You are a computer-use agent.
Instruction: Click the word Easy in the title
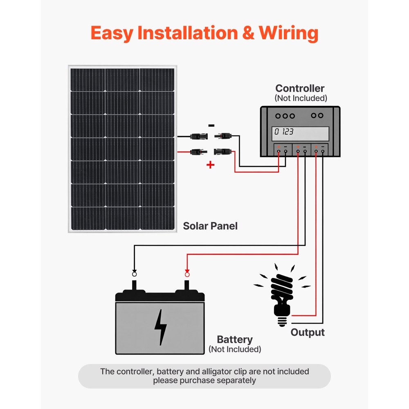tap(112, 33)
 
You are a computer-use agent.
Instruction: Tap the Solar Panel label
tap(210, 226)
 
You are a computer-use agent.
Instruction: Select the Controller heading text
tap(300, 88)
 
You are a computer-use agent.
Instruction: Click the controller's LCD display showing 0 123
tap(301, 132)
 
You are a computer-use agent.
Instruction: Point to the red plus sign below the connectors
tap(210, 165)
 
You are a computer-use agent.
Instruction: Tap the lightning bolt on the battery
tap(160, 327)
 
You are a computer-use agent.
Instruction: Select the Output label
tap(308, 332)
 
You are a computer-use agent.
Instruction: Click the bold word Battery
tap(235, 339)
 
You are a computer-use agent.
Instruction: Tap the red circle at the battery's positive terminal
tap(187, 274)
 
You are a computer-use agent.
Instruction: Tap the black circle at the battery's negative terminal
tap(134, 274)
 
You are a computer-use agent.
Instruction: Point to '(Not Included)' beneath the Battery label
tap(235, 349)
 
